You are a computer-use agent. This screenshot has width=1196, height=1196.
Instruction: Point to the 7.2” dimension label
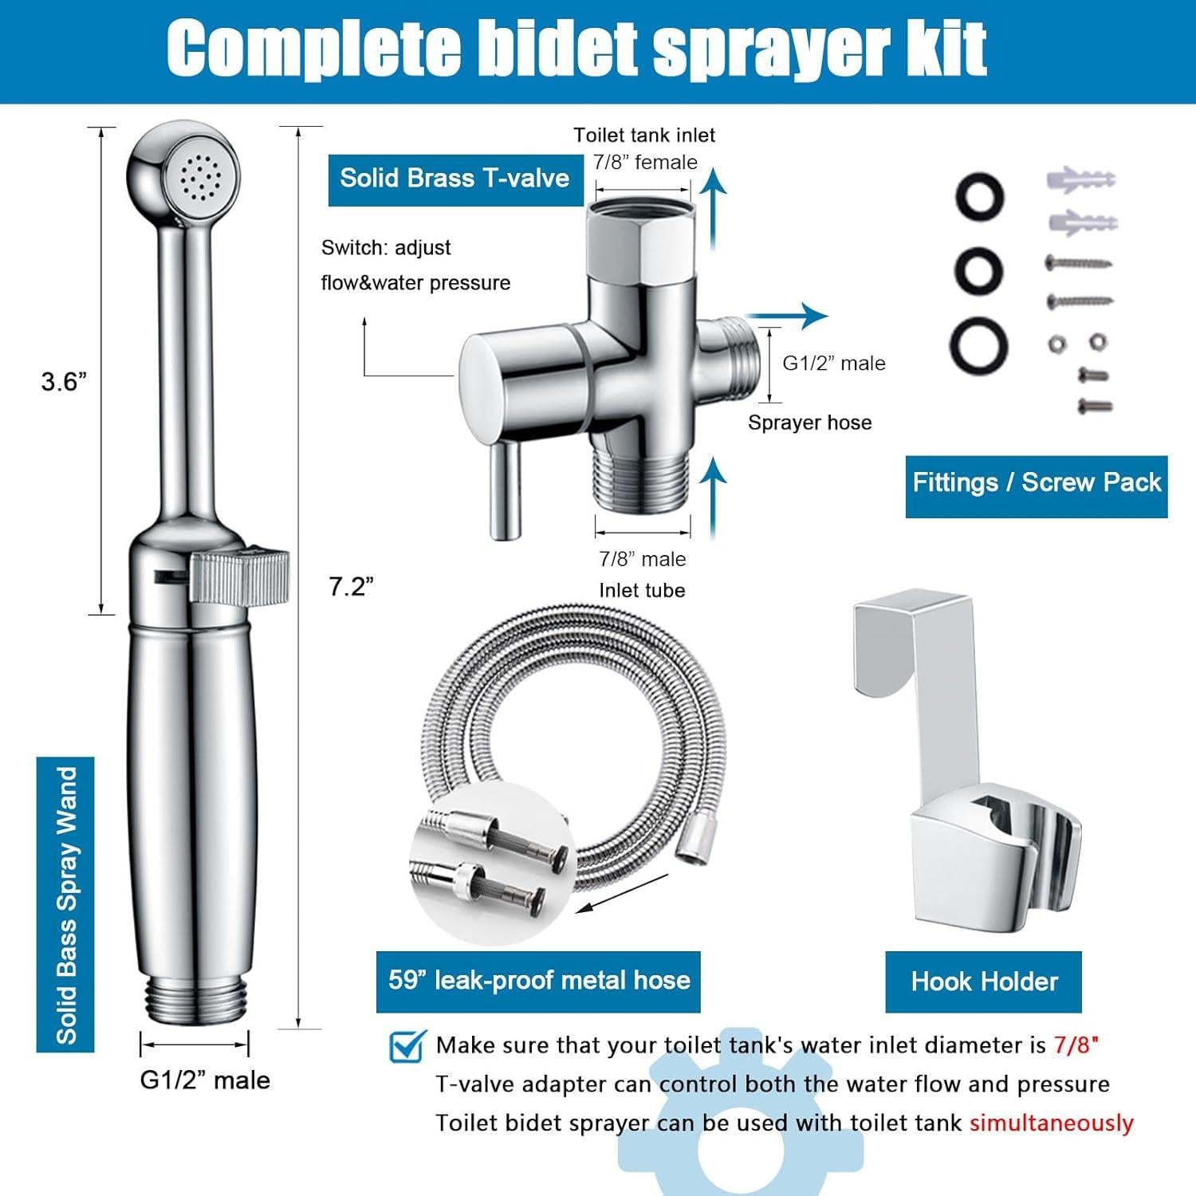pos(351,587)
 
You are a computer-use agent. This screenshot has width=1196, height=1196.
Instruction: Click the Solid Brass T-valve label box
pos(455,179)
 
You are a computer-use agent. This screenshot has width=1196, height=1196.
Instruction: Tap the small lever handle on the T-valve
pos(505,490)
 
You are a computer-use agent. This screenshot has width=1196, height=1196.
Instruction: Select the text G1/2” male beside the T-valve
pos(833,364)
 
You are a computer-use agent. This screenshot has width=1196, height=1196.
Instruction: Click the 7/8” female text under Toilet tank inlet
pos(645,163)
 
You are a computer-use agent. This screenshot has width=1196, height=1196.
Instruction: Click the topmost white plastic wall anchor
pos(1080,179)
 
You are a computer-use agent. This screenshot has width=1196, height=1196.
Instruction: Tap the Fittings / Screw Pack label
pos(1036,484)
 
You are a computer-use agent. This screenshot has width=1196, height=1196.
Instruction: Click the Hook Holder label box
pos(983,982)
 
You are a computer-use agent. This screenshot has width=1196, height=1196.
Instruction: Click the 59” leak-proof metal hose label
pos(538,981)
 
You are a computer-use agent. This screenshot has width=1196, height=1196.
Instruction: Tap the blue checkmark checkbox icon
pos(407,1045)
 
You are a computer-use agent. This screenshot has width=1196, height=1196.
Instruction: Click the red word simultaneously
pos(1051,1123)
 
